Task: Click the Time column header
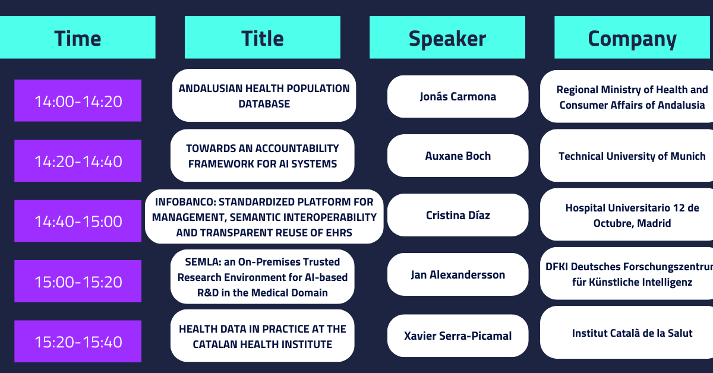77,37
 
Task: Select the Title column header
262,37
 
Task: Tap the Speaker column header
447,37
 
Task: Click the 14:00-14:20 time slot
78,100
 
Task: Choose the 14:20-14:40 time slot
78,161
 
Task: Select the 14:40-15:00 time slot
78,221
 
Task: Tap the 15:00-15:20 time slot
78,281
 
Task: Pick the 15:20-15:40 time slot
78,341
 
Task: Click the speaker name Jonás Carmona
458,96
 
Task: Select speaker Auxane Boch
458,156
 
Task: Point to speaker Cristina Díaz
458,215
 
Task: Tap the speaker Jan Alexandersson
458,274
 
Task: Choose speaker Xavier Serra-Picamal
458,336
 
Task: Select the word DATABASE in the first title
264,104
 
